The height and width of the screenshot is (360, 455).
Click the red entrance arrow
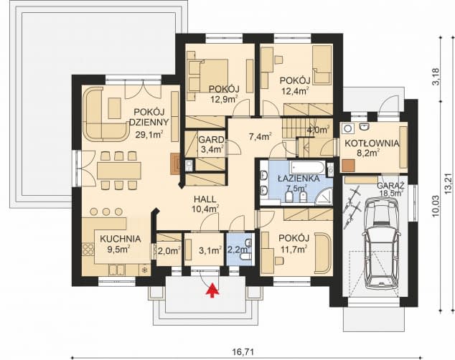point(212,290)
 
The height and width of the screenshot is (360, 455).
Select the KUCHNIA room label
point(120,239)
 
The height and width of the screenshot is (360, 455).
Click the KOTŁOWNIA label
point(372,143)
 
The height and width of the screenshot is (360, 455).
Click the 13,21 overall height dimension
point(449,184)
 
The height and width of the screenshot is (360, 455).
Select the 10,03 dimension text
point(436,207)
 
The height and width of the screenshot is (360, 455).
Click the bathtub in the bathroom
point(308,167)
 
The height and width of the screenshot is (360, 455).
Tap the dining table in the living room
point(119,171)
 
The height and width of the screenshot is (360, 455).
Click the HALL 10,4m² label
point(205,204)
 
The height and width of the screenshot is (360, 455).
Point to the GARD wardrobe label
point(211,140)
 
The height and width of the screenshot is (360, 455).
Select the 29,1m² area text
point(149,135)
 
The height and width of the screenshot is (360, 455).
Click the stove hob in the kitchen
point(88,250)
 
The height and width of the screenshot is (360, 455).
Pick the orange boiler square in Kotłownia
point(348,166)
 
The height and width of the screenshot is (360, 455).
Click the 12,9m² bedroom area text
point(224,100)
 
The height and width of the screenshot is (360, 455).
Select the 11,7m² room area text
point(294,249)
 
